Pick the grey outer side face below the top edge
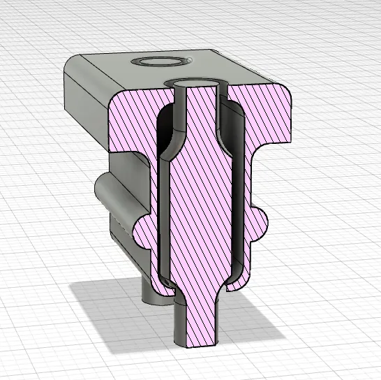[x=87, y=105]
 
